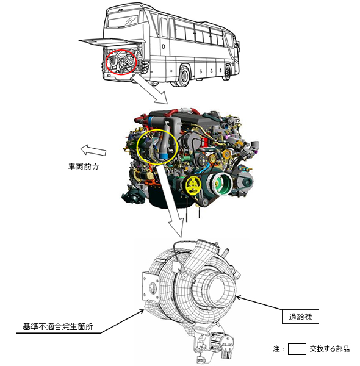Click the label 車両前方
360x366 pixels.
pyautogui.click(x=83, y=166)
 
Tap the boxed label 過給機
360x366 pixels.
pyautogui.click(x=304, y=317)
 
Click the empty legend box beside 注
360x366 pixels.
pyautogui.click(x=297, y=350)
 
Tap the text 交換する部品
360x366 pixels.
pyautogui.click(x=330, y=350)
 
